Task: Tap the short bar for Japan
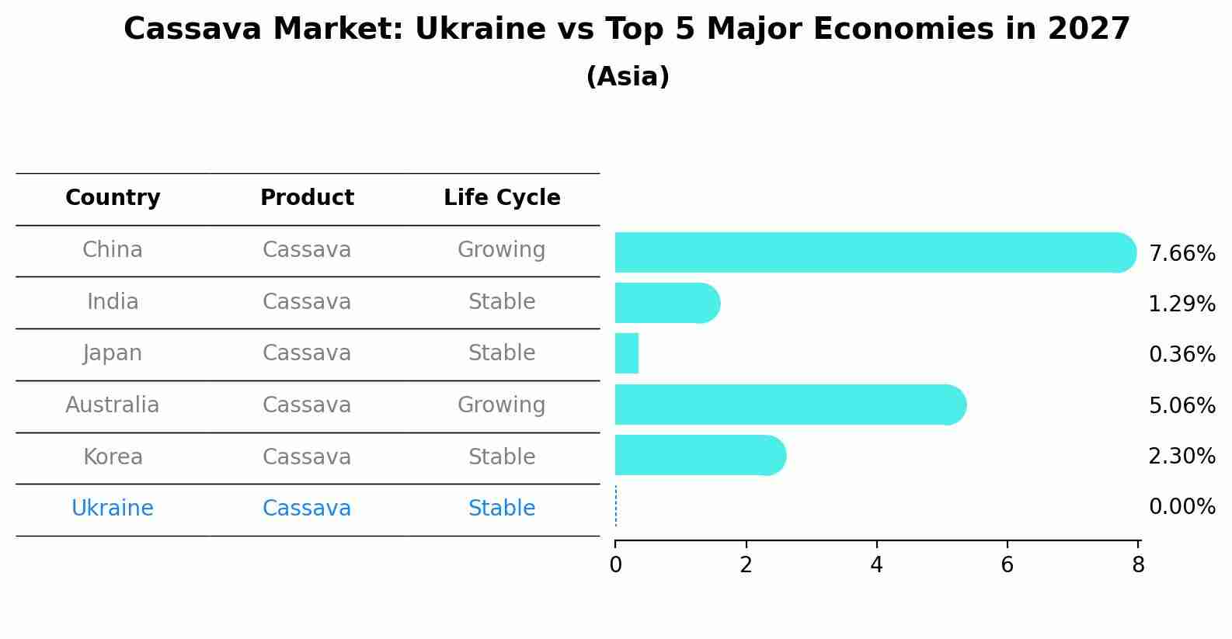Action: tap(627, 353)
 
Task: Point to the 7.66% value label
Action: tap(1182, 254)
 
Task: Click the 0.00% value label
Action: tap(1182, 507)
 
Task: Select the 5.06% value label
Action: tap(1182, 405)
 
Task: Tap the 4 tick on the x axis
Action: tap(877, 565)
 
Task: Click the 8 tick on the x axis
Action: tap(1138, 565)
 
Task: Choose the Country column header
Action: tap(113, 198)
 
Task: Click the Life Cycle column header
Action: tap(502, 198)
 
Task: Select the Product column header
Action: tap(307, 198)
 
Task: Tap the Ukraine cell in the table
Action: tap(113, 509)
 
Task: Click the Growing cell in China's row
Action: tap(502, 250)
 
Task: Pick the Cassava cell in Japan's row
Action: tap(307, 353)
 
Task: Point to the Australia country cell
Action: tap(113, 405)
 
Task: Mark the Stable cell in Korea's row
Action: tap(502, 457)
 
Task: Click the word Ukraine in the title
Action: tap(480, 30)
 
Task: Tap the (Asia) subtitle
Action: tap(628, 77)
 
